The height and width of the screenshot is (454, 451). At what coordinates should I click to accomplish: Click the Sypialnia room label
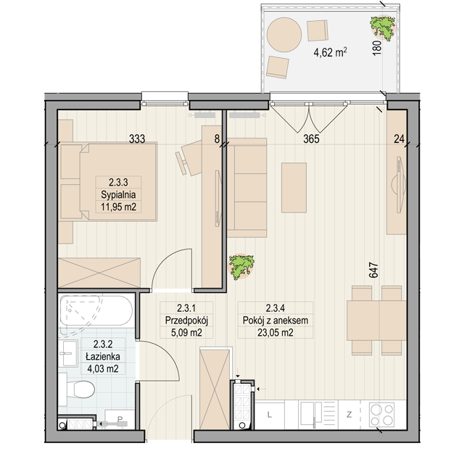coord(118,194)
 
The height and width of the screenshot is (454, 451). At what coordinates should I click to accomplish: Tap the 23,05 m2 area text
coord(276,333)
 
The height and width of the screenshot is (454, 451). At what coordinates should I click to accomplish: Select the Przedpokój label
coord(186,321)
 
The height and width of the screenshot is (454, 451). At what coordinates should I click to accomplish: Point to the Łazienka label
coord(103,356)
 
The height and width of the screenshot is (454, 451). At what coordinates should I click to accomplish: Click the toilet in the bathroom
coord(78,389)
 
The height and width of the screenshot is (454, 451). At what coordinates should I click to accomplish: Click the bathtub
coord(96,310)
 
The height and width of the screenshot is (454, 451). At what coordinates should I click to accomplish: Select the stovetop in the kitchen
coord(382,415)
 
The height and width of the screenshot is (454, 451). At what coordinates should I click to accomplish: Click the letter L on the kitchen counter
coord(270,415)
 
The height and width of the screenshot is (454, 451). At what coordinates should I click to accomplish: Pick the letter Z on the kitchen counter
coord(349,415)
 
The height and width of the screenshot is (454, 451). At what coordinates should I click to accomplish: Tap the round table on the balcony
coord(284,35)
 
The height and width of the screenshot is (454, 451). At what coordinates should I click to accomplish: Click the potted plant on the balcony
coord(382,28)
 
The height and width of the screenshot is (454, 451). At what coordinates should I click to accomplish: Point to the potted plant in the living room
coord(241,267)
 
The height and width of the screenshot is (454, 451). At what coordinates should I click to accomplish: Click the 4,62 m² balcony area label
coord(331,52)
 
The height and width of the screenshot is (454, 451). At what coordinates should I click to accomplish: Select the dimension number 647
coord(373,270)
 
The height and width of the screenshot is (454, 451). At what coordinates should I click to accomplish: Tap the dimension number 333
coord(137,139)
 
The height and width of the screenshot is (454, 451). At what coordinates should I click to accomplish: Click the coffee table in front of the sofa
coord(294,188)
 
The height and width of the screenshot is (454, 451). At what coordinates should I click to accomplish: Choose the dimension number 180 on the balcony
coord(377,48)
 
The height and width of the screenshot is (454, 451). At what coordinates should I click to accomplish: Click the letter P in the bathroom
coord(120,419)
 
